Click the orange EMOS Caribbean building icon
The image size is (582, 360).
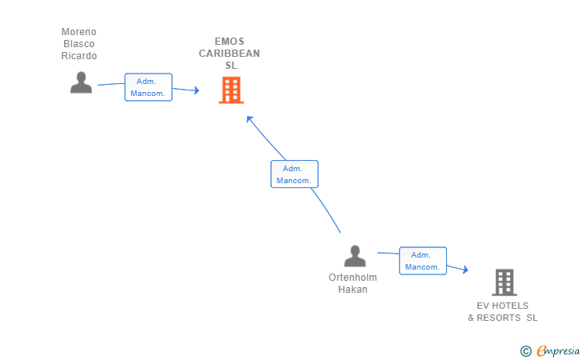230,90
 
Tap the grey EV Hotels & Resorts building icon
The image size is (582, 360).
504,282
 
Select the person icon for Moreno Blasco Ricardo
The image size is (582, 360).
81,82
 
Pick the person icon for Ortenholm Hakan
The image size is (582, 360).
354,256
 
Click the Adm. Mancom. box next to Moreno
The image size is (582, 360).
148,87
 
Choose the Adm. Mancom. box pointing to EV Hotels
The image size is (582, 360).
422,261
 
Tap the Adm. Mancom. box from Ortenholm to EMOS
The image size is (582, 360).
294,174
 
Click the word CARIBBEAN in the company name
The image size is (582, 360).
230,54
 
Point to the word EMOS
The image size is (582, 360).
230,42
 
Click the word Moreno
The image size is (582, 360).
79,32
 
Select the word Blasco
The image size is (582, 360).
79,44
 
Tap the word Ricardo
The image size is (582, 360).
79,56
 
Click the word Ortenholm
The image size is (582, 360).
353,278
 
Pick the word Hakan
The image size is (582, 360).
353,290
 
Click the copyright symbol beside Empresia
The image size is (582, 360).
525,350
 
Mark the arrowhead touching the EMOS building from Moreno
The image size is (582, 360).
195,91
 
